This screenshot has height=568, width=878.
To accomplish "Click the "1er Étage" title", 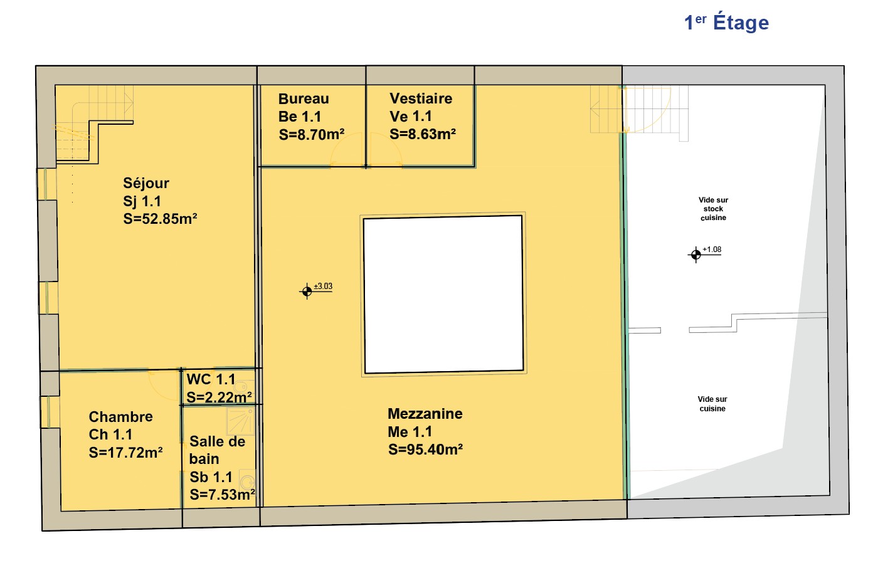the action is pos(726,22).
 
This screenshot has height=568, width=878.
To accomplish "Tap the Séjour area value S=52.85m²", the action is pos(160,219).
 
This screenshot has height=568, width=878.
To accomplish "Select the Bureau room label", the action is pos(304,98).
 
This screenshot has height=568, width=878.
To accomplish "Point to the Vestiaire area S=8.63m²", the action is pos(423,134).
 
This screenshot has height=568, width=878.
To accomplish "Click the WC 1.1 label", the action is pos(211,379).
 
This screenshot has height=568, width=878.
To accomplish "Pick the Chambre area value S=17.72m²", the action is pos(125,453).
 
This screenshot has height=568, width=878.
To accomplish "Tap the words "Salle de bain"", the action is pos(217,450).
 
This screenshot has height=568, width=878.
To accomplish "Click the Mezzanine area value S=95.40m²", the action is pos(425,450).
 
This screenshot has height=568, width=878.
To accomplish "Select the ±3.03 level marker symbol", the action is pos(307,292).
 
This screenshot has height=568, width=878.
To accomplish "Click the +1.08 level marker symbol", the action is pos(696,255).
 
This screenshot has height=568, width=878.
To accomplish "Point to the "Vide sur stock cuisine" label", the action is pos(714,209).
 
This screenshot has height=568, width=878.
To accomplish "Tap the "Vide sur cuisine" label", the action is pos(712,404).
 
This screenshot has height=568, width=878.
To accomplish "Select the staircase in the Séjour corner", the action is pos(94,123).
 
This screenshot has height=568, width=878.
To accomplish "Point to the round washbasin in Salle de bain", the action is pos(247,482).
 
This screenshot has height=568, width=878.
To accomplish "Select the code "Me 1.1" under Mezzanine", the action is pos(410,432).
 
